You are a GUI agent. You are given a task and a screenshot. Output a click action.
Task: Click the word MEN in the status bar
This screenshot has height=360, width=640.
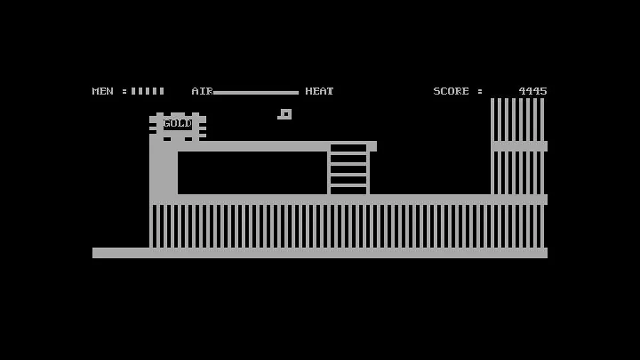pyautogui.click(x=103, y=91)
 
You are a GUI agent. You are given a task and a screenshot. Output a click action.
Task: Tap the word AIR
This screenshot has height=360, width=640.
pyautogui.click(x=202, y=91)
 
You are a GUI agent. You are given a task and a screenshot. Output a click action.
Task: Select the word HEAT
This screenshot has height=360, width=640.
pyautogui.click(x=319, y=91)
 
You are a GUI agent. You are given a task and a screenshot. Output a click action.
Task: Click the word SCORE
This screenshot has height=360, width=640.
pyautogui.click(x=451, y=91)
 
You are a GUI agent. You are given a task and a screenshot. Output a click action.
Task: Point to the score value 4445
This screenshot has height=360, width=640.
pyautogui.click(x=533, y=91)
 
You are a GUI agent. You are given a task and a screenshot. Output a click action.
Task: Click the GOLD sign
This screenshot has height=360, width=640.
pyautogui.click(x=178, y=123)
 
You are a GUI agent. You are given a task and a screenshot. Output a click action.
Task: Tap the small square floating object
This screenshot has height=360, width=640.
pyautogui.click(x=285, y=114)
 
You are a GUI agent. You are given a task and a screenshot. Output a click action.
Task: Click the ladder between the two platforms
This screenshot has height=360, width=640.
pyautogui.click(x=348, y=169)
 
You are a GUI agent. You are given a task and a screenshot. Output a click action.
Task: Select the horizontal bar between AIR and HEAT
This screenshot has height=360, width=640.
pyautogui.click(x=255, y=93)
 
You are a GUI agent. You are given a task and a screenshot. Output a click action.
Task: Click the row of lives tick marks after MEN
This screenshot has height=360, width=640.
pyautogui.click(x=148, y=91)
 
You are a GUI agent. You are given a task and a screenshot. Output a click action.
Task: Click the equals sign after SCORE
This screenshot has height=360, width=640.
pyautogui.click(x=479, y=91)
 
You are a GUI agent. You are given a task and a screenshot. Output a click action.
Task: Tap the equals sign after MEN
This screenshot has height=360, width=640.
pyautogui.click(x=124, y=91)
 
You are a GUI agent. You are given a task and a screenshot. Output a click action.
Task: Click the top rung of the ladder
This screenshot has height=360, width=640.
pyautogui.click(x=348, y=153)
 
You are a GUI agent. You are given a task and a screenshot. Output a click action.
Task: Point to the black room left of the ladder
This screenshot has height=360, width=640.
pyautogui.click(x=252, y=173)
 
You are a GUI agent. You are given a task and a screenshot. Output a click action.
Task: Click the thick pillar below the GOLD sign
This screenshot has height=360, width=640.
pyautogui.click(x=163, y=169)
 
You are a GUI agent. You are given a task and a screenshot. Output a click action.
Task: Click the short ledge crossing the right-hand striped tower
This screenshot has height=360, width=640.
pyautogui.click(x=519, y=146)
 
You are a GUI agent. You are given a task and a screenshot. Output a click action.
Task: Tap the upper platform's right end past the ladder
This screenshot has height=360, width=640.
pyautogui.click(x=373, y=146)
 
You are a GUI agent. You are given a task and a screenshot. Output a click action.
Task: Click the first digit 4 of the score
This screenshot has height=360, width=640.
pyautogui.click(x=522, y=91)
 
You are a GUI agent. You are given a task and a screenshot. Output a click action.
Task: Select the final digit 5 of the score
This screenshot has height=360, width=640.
pyautogui.click(x=543, y=91)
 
